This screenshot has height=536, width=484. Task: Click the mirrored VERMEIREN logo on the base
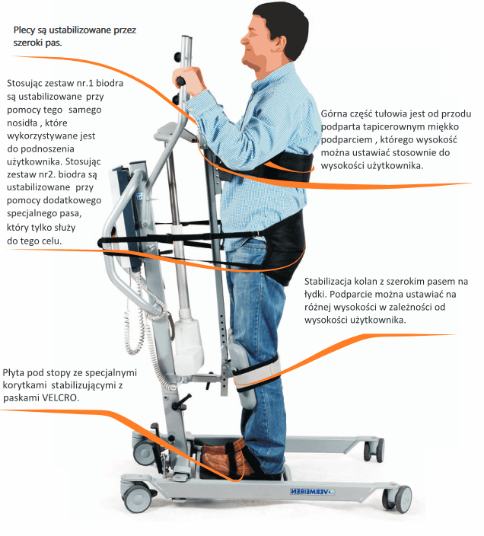[312, 492]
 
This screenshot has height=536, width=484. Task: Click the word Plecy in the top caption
[24, 30]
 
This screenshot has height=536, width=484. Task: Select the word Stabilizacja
[328, 282]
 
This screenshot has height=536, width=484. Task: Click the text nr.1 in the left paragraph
[82, 84]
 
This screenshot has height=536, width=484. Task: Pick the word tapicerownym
[390, 127]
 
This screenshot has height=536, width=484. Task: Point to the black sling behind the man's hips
[285, 246]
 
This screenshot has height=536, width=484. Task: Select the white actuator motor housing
[189, 342]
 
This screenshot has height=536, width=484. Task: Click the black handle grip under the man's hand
[180, 81]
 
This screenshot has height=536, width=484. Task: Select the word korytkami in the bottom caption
[24, 385]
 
